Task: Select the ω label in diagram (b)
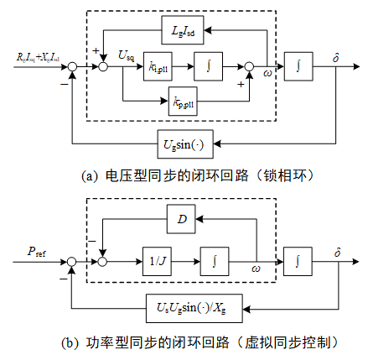[x=257, y=270]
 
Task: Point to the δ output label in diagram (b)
[x=336, y=251]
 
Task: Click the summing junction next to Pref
[x=74, y=261]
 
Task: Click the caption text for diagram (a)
[x=185, y=177]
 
